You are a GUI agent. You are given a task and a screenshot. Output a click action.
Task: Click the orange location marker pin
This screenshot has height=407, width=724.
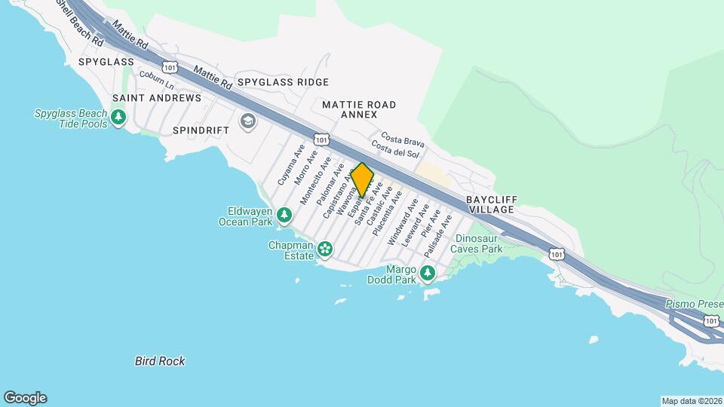tap(362, 180)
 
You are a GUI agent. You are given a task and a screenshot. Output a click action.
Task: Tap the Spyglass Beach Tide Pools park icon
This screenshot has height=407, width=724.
tap(118, 117)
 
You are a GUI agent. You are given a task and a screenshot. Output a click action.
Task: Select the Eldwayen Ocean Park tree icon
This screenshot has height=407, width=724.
tap(284, 216)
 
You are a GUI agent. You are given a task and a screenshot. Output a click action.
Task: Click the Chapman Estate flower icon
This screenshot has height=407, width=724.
tap(324, 249)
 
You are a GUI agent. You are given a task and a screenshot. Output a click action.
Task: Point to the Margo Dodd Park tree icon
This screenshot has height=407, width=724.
tap(428, 272)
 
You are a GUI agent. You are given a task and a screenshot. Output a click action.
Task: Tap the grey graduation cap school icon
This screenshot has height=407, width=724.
tap(247, 121)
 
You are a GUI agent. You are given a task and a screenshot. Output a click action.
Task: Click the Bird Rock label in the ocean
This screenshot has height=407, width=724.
tap(160, 361)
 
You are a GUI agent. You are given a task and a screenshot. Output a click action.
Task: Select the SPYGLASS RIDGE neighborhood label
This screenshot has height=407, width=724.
tap(283, 81)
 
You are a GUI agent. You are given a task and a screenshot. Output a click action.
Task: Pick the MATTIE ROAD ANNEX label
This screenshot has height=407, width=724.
tap(358, 109)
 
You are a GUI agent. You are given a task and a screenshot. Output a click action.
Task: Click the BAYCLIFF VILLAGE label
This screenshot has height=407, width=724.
tap(489, 204)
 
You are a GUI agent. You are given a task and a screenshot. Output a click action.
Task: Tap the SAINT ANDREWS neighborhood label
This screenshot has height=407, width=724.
tap(157, 98)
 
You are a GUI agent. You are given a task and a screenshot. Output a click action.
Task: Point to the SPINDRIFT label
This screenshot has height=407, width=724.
tap(201, 130)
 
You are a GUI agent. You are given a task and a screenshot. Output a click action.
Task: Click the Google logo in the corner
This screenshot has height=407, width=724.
tap(25, 398)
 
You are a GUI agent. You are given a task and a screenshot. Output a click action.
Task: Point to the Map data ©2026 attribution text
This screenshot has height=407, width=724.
tap(691, 401)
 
